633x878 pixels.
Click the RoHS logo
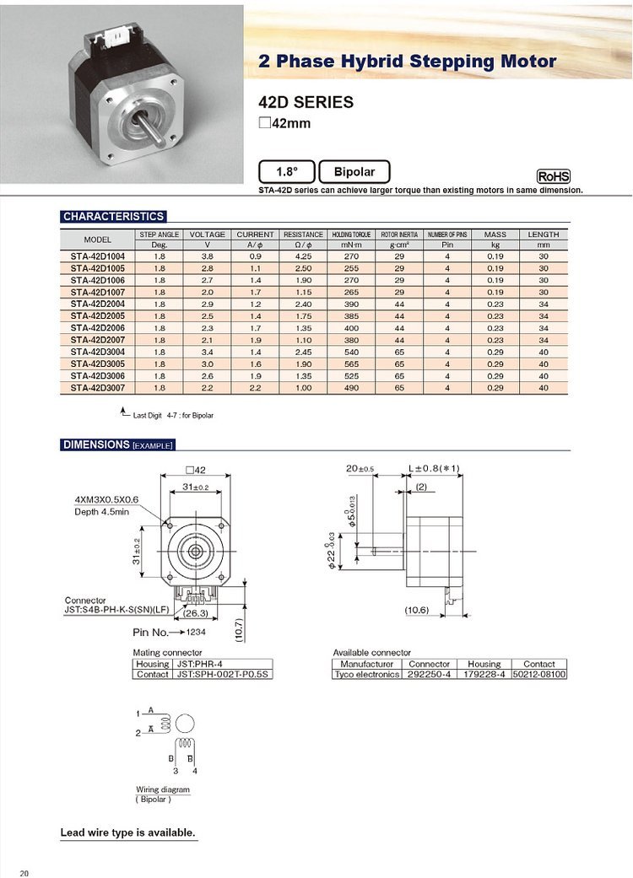554,176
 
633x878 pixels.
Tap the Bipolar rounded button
354,172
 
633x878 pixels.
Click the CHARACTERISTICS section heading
114,217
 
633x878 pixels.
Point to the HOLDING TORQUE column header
351,234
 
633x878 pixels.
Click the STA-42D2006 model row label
98,328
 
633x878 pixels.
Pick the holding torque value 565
351,364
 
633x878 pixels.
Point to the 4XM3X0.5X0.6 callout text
106,499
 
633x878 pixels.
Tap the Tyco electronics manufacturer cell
366,675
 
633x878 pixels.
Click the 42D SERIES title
306,103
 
